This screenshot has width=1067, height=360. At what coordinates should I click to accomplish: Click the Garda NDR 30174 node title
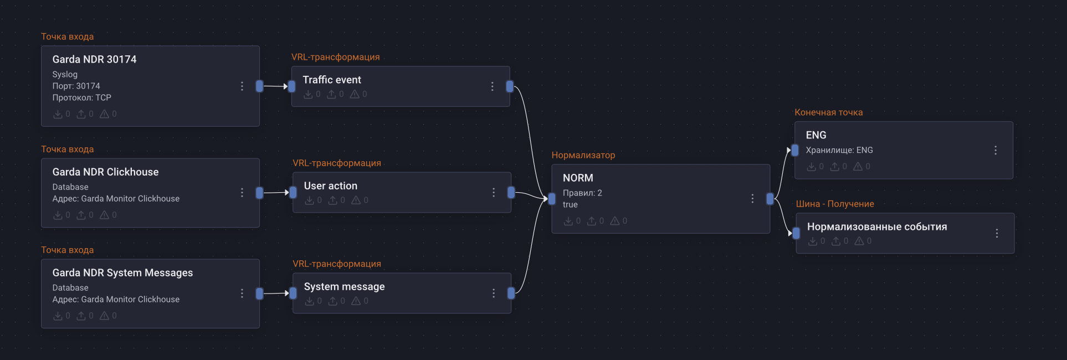tap(94, 59)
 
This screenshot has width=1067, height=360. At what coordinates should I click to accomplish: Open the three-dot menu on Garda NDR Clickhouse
tap(242, 192)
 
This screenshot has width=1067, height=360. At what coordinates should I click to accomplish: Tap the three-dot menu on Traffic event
tap(492, 86)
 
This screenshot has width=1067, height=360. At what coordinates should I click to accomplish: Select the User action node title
tap(330, 186)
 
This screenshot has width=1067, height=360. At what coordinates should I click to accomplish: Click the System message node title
tap(344, 287)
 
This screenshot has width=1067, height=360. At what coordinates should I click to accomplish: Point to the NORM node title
tap(578, 178)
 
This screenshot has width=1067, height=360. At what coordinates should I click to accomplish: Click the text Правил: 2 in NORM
tap(582, 193)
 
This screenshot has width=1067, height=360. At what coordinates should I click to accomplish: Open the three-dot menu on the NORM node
tap(752, 198)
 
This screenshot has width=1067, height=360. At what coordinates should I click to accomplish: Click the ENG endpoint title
tap(815, 135)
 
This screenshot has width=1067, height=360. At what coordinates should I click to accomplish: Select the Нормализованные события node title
tap(876, 227)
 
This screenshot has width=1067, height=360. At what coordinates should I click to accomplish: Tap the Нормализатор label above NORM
tap(583, 155)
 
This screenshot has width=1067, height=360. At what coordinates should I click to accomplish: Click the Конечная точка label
tap(828, 112)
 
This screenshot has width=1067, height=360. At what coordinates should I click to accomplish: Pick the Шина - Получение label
tap(835, 204)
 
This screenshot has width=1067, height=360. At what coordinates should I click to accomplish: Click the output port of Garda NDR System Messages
tap(259, 294)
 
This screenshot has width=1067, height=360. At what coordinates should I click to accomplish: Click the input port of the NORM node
tap(552, 199)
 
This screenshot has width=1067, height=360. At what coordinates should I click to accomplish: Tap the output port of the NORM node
tap(770, 199)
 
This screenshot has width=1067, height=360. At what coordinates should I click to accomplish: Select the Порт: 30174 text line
tap(76, 86)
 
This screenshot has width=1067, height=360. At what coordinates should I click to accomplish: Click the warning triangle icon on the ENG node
tap(858, 166)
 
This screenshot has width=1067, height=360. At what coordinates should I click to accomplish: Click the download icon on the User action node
tap(309, 200)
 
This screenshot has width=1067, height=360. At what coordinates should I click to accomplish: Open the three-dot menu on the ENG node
tap(996, 150)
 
